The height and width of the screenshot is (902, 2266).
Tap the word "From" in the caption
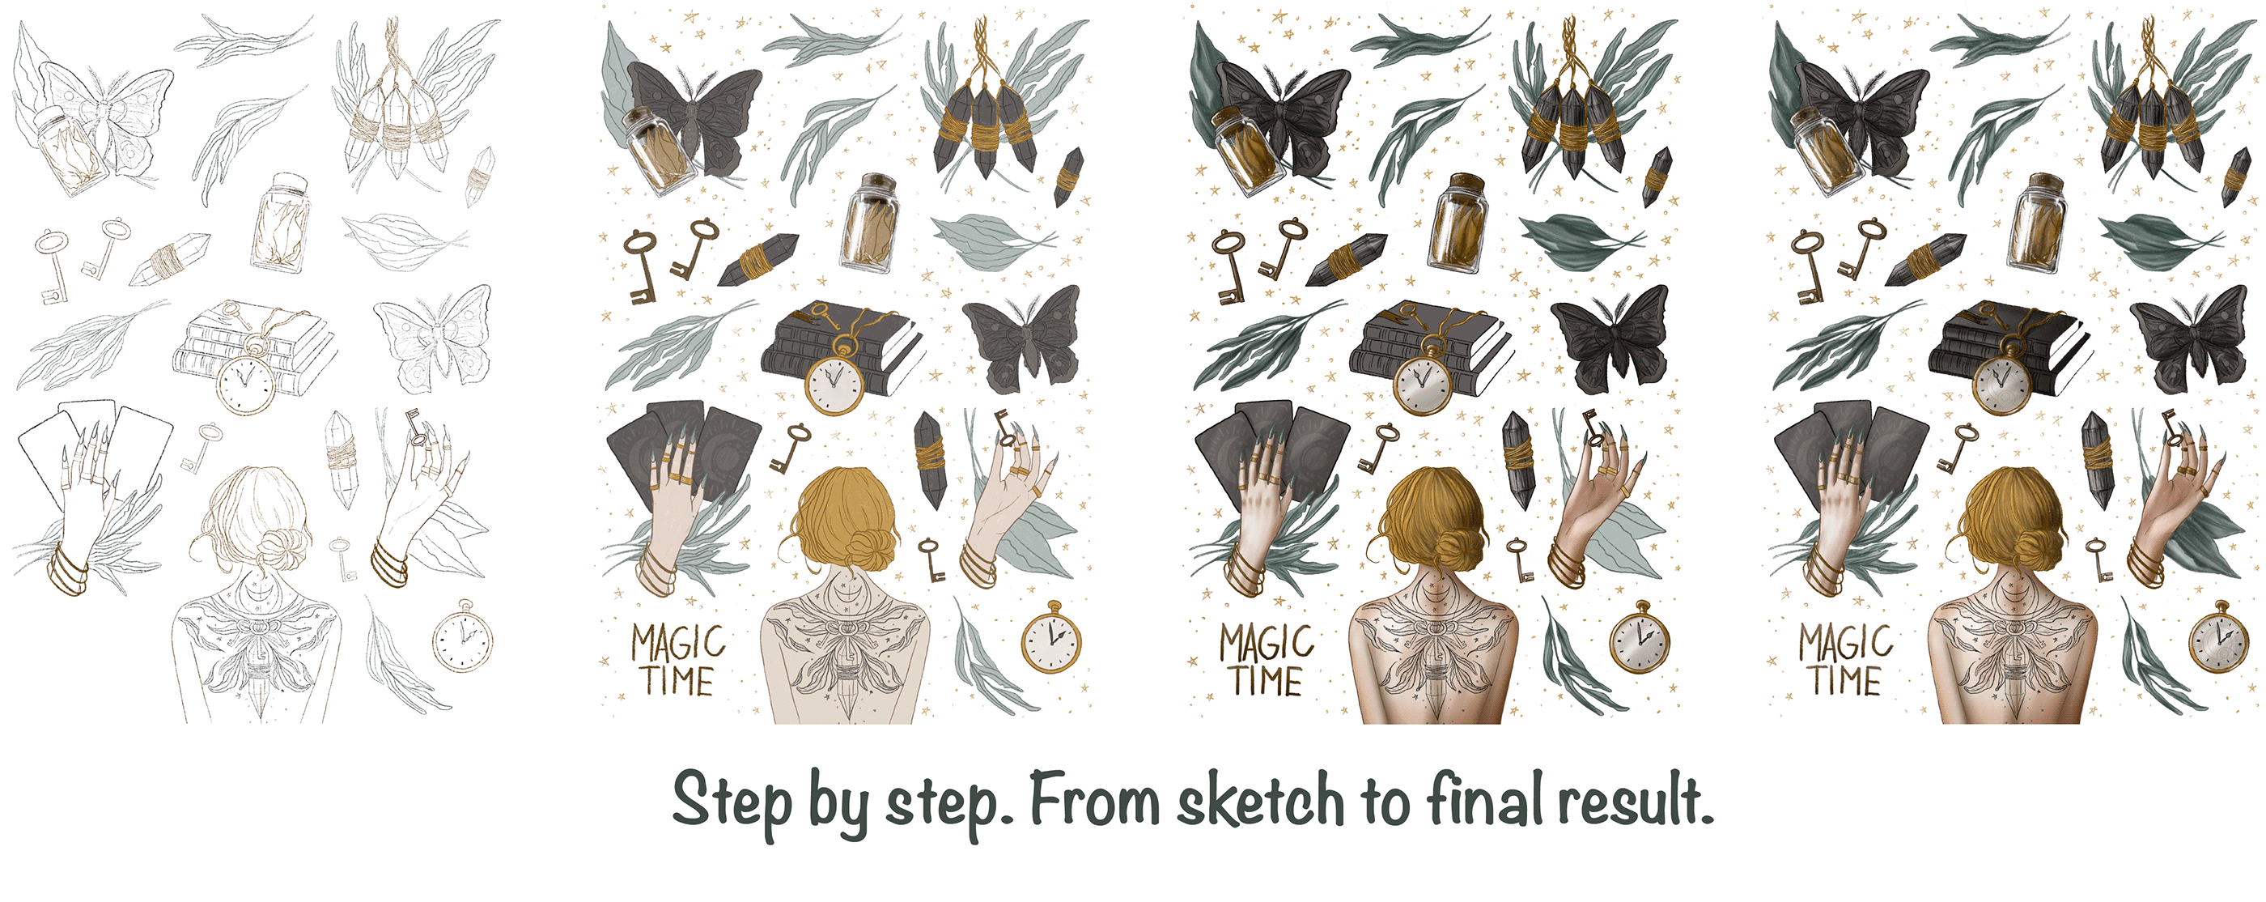(x=1094, y=800)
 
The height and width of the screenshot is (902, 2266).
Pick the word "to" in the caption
(x=1385, y=802)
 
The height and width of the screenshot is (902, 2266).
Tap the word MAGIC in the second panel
(x=678, y=643)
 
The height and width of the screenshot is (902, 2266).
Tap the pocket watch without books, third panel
(x=1640, y=636)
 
